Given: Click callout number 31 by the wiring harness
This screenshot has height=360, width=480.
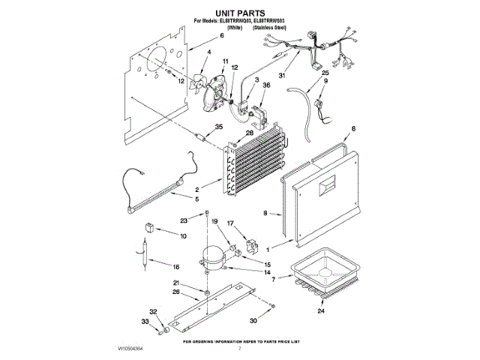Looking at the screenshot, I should (283, 75).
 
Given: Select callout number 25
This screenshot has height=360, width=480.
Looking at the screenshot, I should (325, 73).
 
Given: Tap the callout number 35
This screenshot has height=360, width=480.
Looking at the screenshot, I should (219, 127).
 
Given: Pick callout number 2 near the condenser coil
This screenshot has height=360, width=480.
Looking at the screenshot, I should (196, 190).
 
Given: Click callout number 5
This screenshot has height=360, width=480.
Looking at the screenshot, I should (196, 200).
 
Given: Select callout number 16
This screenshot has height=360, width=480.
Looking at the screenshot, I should (176, 267).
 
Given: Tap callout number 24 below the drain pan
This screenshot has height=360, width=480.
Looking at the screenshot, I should (322, 310).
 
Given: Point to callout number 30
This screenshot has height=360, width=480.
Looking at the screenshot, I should (252, 320).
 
